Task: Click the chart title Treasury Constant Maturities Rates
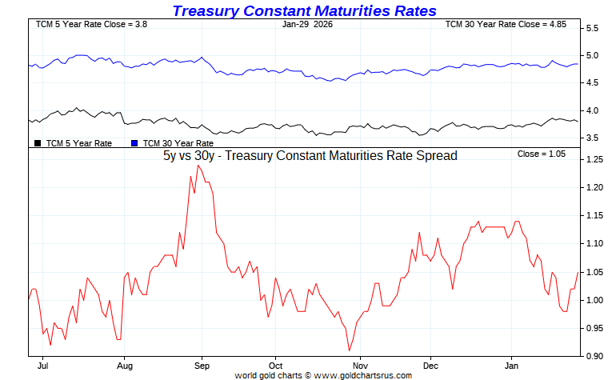304,10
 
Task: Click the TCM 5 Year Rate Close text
79,25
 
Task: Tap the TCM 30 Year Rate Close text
506,25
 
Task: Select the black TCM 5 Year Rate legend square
38,143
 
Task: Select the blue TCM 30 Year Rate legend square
134,143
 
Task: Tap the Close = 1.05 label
541,153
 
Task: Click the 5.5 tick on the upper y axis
593,29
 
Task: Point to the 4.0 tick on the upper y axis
593,111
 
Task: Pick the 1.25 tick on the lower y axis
594,160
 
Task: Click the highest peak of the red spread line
198,166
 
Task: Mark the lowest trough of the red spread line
349,350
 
